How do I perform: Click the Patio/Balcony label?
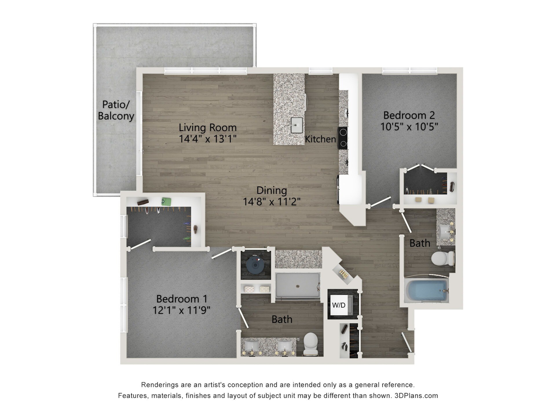[x=116, y=110]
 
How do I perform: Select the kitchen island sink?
[x=297, y=125]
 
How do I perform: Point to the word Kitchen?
[x=320, y=139]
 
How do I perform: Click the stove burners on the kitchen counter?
[x=343, y=138]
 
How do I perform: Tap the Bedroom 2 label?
[x=409, y=115]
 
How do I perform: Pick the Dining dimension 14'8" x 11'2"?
[x=271, y=202]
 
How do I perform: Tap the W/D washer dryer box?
[x=339, y=305]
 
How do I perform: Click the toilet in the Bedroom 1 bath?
[x=310, y=343]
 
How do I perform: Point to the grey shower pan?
[x=298, y=285]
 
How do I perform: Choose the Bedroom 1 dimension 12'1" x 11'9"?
[x=181, y=310]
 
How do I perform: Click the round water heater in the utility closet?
[x=255, y=264]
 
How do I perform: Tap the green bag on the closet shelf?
[x=166, y=201]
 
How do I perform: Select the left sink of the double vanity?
[x=251, y=346]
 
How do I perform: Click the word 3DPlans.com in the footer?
[x=416, y=396]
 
